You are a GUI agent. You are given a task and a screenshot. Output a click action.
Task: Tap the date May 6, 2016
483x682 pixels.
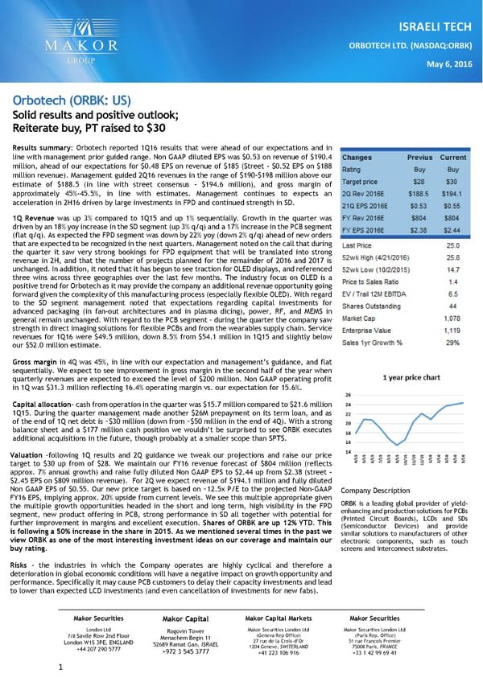click(448, 64)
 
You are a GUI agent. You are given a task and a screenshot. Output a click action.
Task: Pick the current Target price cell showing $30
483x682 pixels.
click(453, 182)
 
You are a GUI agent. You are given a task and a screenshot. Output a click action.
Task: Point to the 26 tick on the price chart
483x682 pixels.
click(349, 394)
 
